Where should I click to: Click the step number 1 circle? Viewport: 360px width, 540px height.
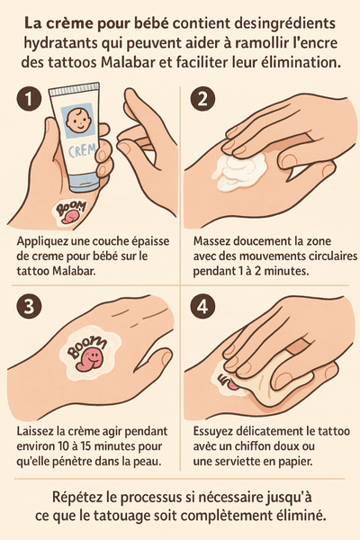[30, 98]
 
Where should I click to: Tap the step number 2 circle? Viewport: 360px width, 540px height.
[202, 98]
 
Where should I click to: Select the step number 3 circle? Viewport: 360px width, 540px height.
[30, 306]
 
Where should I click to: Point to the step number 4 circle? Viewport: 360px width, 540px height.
[202, 306]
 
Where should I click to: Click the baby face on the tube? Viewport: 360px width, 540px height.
[77, 121]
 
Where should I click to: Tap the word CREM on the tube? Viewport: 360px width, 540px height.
[81, 150]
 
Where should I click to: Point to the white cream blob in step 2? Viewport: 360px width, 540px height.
[240, 171]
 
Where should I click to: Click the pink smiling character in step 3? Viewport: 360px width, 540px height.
[91, 360]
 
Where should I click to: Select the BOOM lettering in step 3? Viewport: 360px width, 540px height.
[86, 346]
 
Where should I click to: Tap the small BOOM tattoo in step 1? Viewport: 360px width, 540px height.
[70, 211]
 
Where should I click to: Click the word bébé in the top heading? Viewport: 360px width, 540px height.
[152, 23]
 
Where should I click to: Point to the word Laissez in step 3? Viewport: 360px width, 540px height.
[35, 431]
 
